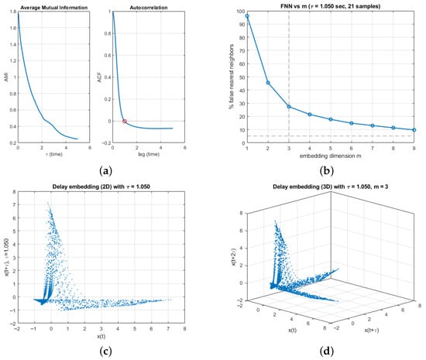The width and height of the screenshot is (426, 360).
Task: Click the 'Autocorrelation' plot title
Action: click(136, 5)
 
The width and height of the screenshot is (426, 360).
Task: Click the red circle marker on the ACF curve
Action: click(125, 121)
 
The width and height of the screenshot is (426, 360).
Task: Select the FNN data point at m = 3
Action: click(289, 106)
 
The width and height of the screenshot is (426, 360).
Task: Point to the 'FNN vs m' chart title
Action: click(330, 5)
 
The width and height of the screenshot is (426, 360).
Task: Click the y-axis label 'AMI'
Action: click(5, 77)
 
